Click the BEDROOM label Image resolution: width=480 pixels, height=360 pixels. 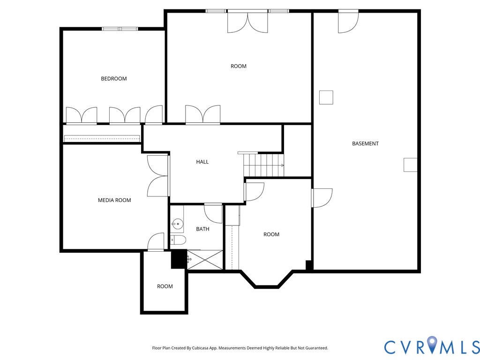pos(114,79)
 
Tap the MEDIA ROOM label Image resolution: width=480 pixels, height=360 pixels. pos(114,200)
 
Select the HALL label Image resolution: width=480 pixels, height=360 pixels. pos(202,162)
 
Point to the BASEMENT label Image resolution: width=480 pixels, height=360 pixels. pos(365,143)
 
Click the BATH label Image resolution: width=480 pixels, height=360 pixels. pos(202,229)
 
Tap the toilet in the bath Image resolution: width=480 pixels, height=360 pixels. pos(178,240)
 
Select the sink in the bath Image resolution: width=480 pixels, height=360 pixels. pos(177,225)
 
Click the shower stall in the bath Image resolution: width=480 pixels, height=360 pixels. pos(205,260)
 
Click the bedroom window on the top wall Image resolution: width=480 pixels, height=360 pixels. pos(120,29)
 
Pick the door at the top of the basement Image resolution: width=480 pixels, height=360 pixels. pos(348,22)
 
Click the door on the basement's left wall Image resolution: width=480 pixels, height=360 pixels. pos(322,197)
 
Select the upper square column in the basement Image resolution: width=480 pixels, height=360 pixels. pos(326,97)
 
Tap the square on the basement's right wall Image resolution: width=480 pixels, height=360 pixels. pos(410,165)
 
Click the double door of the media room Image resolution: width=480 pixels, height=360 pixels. pos(157,176)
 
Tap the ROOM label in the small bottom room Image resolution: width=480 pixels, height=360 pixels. pos(165,286)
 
